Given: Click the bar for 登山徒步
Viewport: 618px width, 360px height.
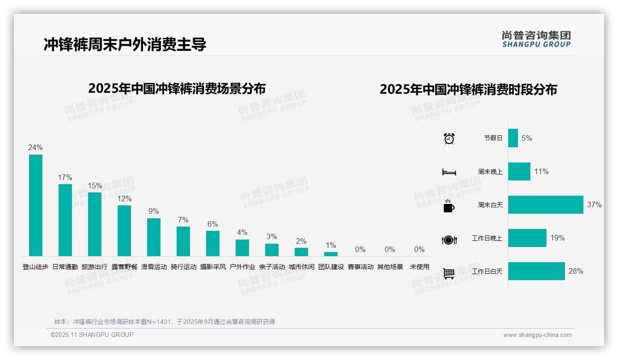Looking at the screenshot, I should point(36,205).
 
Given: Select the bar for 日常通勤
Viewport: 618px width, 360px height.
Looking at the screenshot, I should point(65,220).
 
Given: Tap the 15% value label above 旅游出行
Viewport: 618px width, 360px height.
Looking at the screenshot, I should point(95,186).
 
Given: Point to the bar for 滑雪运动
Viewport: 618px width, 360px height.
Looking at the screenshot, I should point(154,237).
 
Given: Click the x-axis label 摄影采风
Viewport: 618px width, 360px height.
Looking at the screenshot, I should point(213,267).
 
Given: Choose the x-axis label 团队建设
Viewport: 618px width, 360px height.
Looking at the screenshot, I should point(331,267).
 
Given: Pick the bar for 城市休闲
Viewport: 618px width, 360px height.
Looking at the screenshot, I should point(301,252).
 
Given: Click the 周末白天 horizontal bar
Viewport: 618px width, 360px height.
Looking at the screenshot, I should point(546,205).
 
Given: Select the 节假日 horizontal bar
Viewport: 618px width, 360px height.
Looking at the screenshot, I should point(513,138).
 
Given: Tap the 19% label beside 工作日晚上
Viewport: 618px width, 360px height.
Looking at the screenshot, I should point(557,238).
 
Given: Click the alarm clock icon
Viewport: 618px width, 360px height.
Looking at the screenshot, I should point(449,138).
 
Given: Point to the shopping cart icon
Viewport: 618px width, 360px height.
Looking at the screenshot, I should point(449,273).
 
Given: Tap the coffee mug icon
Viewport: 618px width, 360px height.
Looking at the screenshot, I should point(449,206).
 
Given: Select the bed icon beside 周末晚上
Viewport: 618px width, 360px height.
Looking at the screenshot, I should point(449,172).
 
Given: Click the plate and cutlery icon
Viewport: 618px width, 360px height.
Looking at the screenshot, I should point(449,240).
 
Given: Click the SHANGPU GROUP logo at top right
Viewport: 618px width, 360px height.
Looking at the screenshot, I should point(536,39).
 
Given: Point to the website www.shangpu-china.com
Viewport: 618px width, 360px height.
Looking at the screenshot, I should point(537,335).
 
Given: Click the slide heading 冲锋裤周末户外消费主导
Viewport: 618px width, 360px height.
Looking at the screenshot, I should point(125,44).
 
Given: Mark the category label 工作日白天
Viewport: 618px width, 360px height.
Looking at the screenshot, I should point(487,271).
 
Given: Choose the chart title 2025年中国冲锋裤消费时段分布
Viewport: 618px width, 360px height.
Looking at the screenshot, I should point(468,89).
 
